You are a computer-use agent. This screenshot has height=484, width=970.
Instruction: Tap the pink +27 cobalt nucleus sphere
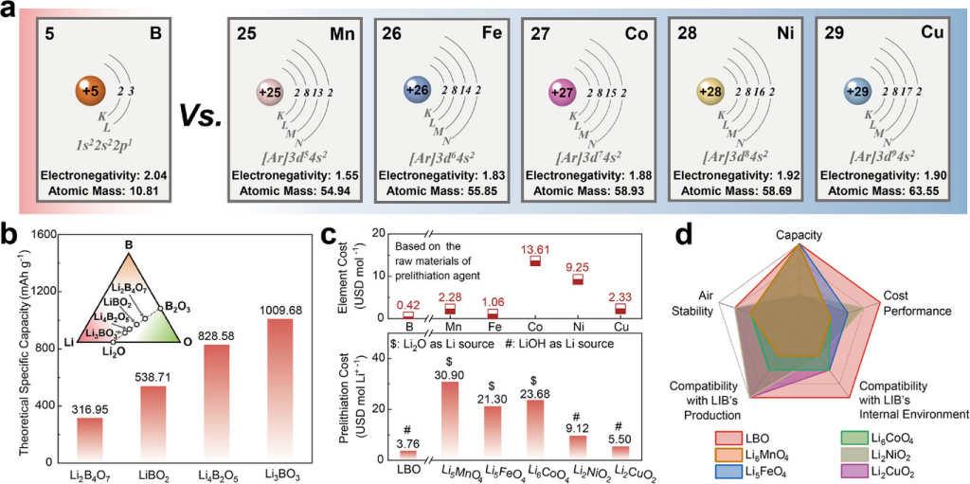(560, 93)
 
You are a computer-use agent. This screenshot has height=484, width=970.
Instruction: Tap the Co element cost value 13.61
(535, 248)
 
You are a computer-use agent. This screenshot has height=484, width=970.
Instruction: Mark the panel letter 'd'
(694, 230)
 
